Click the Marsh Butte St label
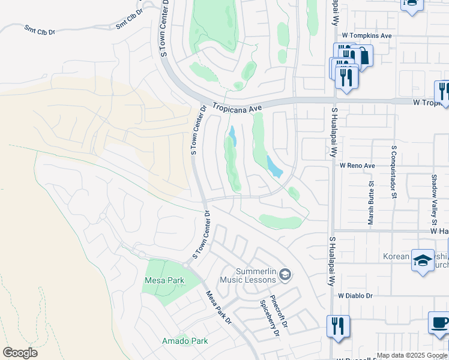(x=370, y=204)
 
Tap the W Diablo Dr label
(x=355, y=296)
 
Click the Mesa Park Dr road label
(x=218, y=308)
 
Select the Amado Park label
(x=185, y=341)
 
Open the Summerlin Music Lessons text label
(x=247, y=275)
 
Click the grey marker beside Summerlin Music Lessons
(x=286, y=275)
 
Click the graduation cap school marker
(x=423, y=260)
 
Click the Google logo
(x=20, y=353)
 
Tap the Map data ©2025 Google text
(x=412, y=355)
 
